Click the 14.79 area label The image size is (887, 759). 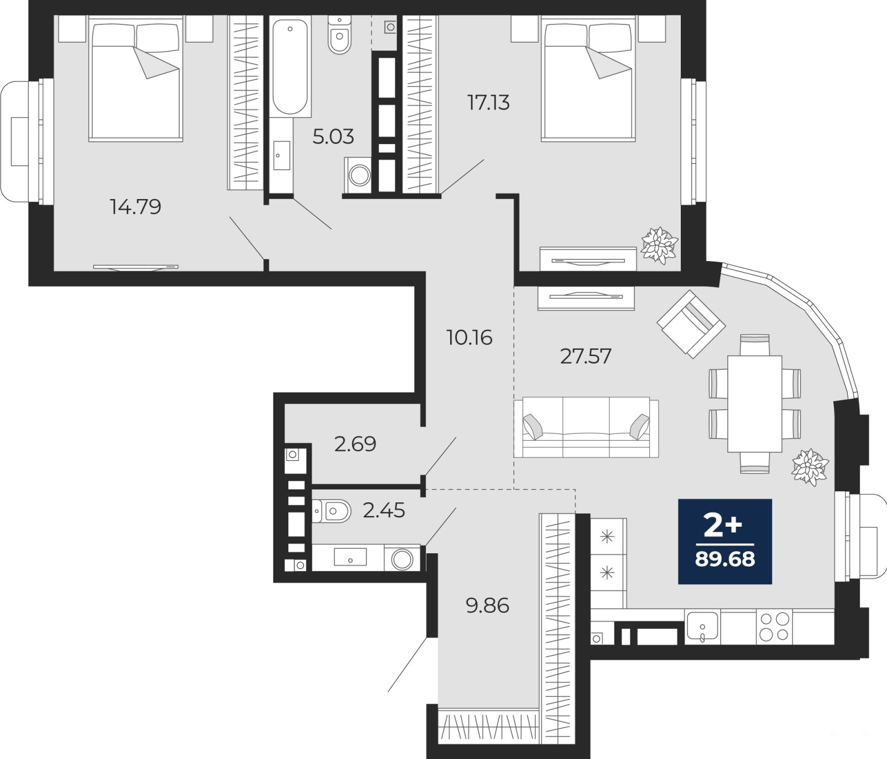[136, 207]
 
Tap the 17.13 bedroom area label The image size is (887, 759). [488, 103]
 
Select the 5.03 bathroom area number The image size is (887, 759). [333, 136]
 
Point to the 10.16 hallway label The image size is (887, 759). [470, 338]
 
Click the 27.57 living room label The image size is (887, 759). [585, 356]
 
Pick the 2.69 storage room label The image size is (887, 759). [355, 444]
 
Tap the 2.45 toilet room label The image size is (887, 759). [384, 510]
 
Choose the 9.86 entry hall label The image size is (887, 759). [488, 606]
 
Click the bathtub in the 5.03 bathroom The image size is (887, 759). [290, 67]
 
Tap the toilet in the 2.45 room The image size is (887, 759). [332, 511]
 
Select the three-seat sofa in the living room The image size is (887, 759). [586, 427]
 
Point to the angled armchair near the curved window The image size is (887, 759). [691, 323]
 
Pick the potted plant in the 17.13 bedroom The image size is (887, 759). [659, 244]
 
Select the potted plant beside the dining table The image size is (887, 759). [810, 467]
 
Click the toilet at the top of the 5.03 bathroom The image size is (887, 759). [339, 35]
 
